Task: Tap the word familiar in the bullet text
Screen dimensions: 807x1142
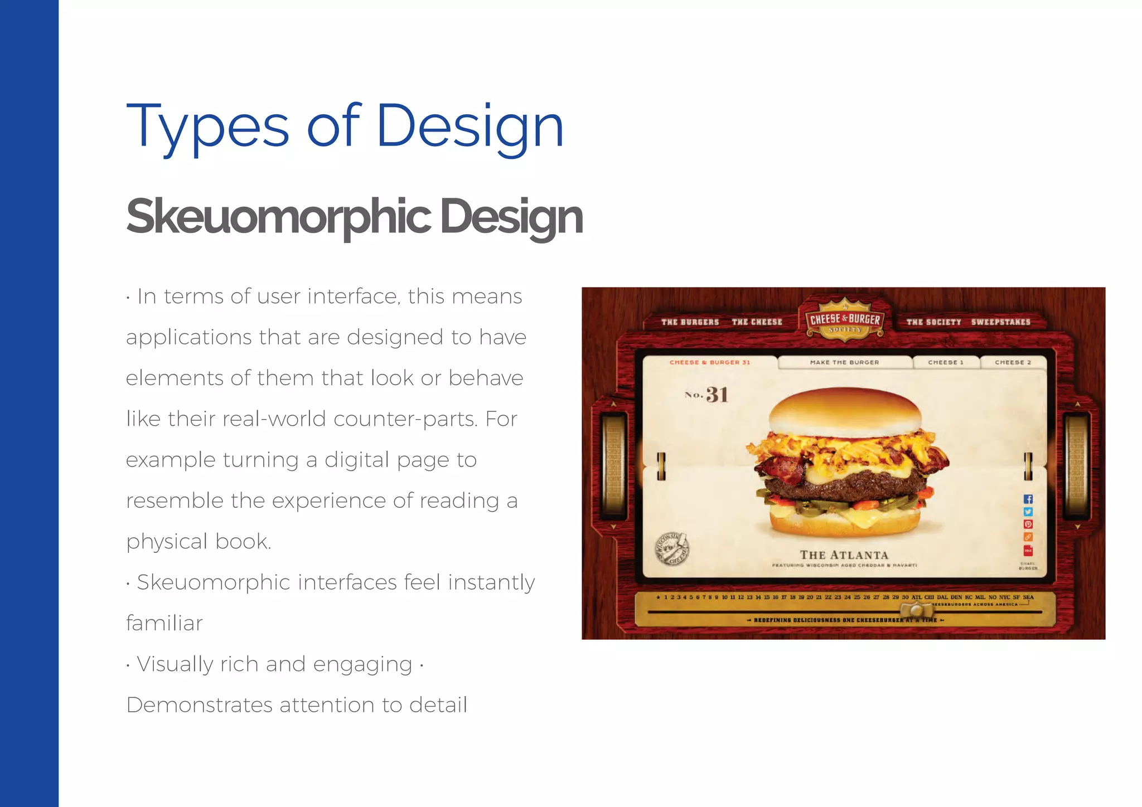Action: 164,623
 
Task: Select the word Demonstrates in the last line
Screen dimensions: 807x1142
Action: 199,705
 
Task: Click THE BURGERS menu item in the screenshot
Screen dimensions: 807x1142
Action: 690,322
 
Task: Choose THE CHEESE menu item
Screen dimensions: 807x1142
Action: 757,322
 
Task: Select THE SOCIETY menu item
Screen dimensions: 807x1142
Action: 933,322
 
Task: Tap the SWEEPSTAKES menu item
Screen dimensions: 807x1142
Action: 1000,322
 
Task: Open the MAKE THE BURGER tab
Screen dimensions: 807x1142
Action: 844,362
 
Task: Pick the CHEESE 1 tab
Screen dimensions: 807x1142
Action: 946,362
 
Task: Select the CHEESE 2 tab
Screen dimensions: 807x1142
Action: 1013,362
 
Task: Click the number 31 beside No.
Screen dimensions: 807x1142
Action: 717,395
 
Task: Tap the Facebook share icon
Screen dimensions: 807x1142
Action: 1028,499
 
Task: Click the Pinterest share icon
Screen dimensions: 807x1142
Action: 1028,524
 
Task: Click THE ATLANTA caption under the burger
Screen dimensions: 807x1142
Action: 844,555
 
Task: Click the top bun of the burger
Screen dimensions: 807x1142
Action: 844,410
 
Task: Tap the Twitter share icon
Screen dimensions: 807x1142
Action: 1028,512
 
